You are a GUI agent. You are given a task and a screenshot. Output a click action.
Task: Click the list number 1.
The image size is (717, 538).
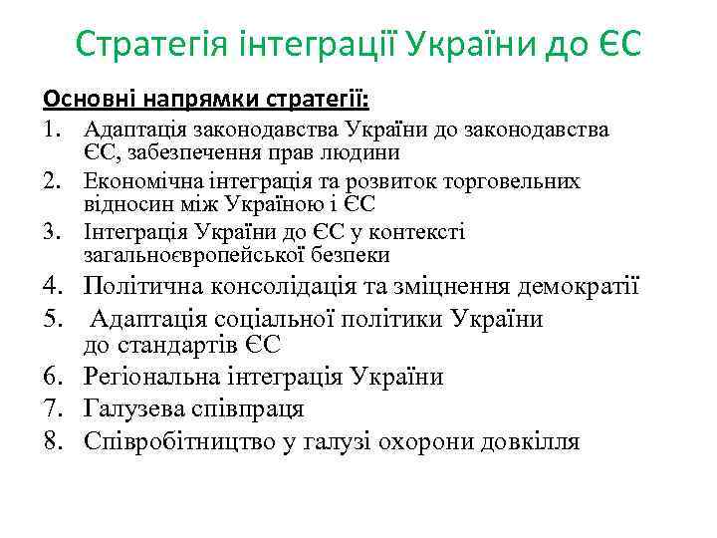(x=52, y=131)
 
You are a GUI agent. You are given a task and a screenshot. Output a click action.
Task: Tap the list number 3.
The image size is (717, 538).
(x=52, y=232)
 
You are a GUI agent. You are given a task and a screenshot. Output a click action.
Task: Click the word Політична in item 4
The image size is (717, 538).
(x=143, y=288)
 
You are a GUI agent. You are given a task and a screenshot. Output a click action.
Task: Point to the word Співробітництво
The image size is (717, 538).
(x=175, y=440)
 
